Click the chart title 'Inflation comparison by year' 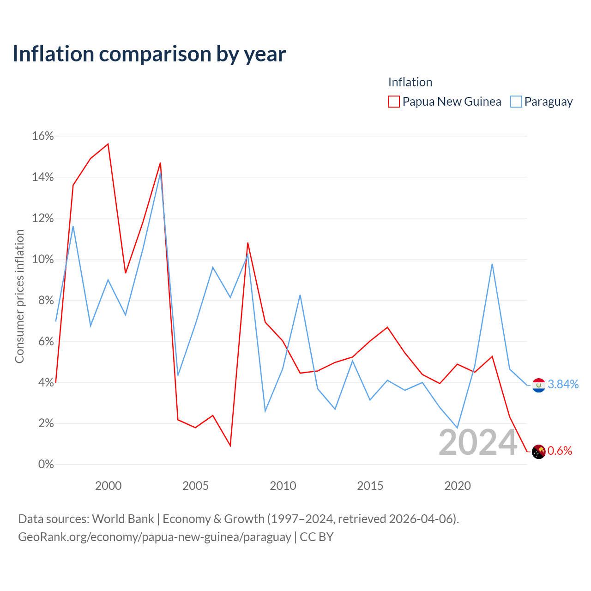(149, 54)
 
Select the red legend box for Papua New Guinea (393, 102)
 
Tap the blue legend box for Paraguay (516, 102)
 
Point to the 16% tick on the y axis (42, 136)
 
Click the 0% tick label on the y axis (46, 464)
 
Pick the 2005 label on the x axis (195, 485)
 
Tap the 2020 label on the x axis (457, 485)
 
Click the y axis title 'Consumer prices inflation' (19, 296)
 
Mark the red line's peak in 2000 (108, 144)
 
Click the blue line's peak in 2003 (160, 173)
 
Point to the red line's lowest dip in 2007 (230, 446)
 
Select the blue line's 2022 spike (492, 264)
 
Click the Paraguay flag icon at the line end (538, 385)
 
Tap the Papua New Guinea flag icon (538, 452)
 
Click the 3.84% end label (563, 384)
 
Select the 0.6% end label (560, 451)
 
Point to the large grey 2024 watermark (478, 442)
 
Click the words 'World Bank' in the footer (123, 519)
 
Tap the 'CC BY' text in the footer (316, 537)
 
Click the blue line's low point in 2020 (457, 428)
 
